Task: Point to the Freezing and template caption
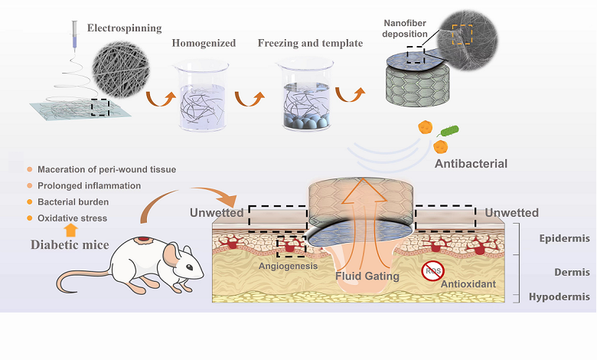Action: point(310,43)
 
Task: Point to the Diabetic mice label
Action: point(71,247)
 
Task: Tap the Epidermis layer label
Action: point(563,238)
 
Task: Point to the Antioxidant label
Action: point(468,283)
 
